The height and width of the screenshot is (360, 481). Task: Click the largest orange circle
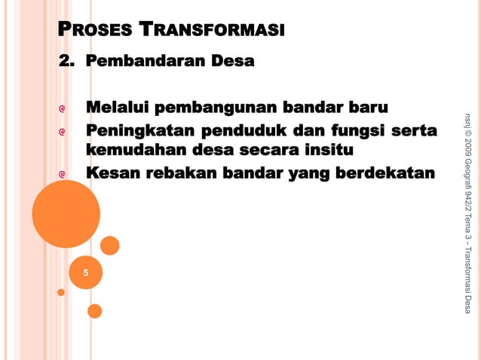tap(66, 214)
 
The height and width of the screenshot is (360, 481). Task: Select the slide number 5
tap(85, 273)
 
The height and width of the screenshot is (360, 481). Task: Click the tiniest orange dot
tap(61, 292)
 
